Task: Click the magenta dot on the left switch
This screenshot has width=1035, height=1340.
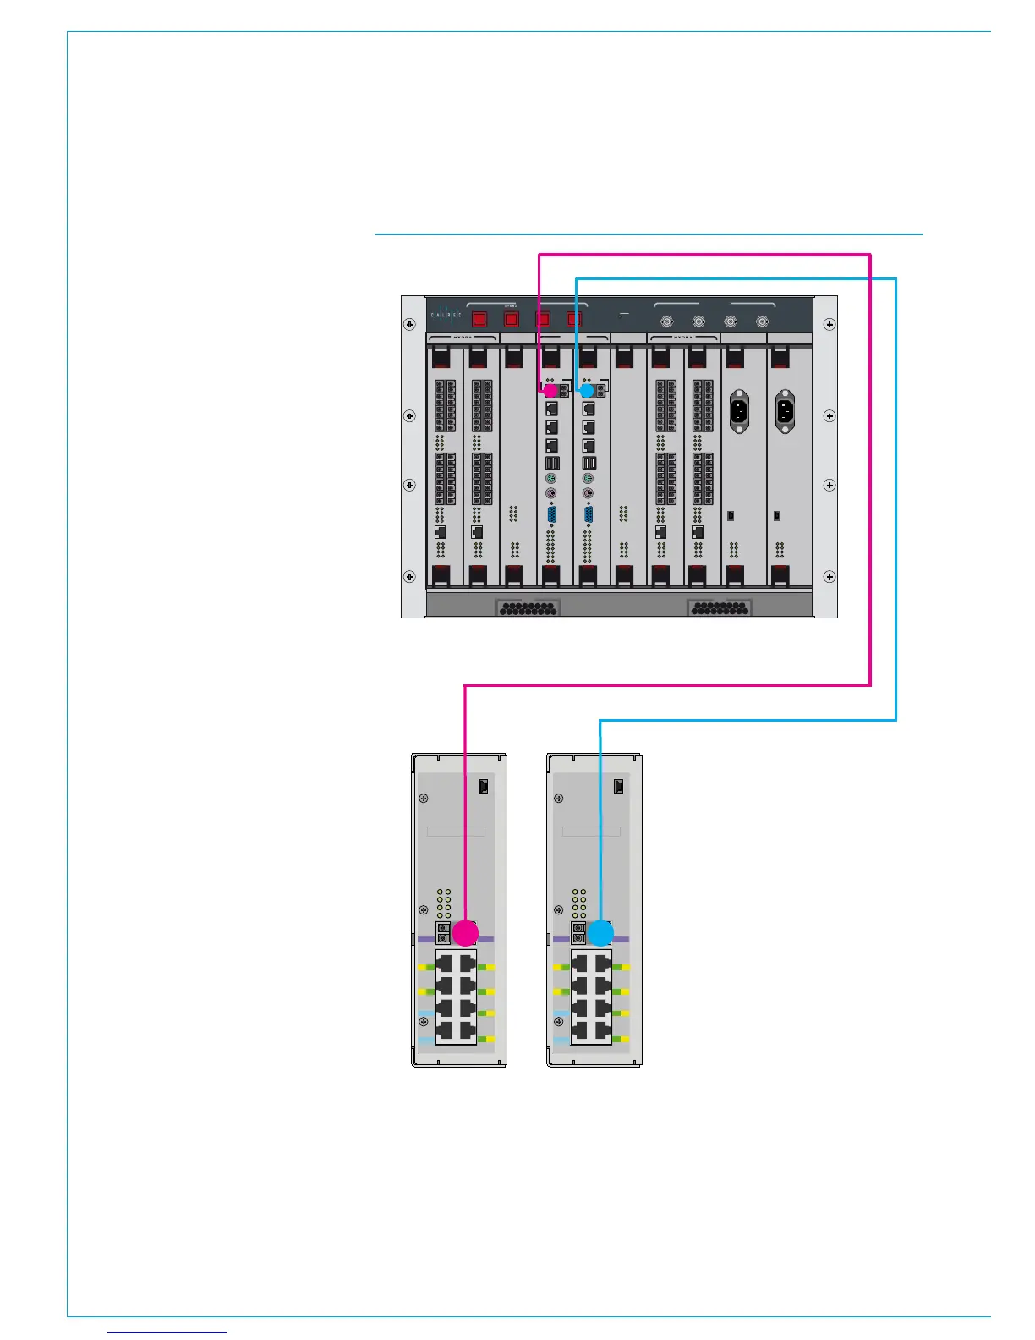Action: pyautogui.click(x=465, y=933)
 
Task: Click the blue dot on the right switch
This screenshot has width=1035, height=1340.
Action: pyautogui.click(x=600, y=933)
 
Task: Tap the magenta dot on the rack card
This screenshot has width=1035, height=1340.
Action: pyautogui.click(x=550, y=391)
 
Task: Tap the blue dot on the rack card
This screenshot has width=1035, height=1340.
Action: pyautogui.click(x=587, y=391)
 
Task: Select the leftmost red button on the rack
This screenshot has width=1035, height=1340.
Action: pyautogui.click(x=479, y=320)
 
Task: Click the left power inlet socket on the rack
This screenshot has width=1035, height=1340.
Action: pyautogui.click(x=740, y=412)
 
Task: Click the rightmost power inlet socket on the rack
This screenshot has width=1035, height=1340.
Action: pyautogui.click(x=786, y=412)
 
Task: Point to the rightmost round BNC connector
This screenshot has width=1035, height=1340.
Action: pyautogui.click(x=762, y=321)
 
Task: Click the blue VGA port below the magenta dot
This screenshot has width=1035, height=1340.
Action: pyautogui.click(x=551, y=514)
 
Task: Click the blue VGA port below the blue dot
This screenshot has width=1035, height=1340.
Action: pyautogui.click(x=589, y=514)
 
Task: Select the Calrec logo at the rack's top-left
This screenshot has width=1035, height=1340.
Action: pyautogui.click(x=446, y=316)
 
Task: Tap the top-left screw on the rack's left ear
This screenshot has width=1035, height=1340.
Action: pyautogui.click(x=410, y=324)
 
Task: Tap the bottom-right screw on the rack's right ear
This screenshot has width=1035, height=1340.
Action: pyautogui.click(x=830, y=577)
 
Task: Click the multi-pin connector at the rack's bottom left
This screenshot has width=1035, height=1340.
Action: pyautogui.click(x=527, y=607)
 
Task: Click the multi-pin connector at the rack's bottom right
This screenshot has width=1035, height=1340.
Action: pyautogui.click(x=719, y=607)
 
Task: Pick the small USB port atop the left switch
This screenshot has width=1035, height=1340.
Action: pyautogui.click(x=484, y=786)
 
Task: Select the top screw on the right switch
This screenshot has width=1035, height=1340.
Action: pyautogui.click(x=559, y=799)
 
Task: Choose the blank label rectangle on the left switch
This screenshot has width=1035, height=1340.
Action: pyautogui.click(x=456, y=832)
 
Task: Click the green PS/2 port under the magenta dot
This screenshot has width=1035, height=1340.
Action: pyautogui.click(x=551, y=479)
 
